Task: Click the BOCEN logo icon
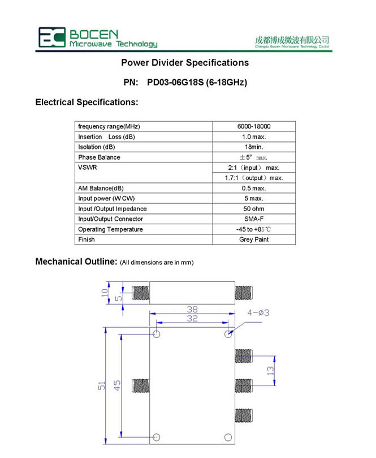pos(51,37)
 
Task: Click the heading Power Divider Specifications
pos(185,62)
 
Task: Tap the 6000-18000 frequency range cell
pos(254,126)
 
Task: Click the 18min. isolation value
pos(254,147)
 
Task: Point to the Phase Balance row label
pos(99,157)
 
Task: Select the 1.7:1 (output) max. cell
pos(254,178)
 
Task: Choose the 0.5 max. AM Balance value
pos(254,188)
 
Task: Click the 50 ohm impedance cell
pos(254,209)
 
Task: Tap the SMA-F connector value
pos(254,219)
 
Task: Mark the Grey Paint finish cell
pos(254,239)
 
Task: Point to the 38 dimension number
pos(192,310)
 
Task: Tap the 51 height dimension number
pos(102,386)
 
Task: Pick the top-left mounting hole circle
pos(157,334)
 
